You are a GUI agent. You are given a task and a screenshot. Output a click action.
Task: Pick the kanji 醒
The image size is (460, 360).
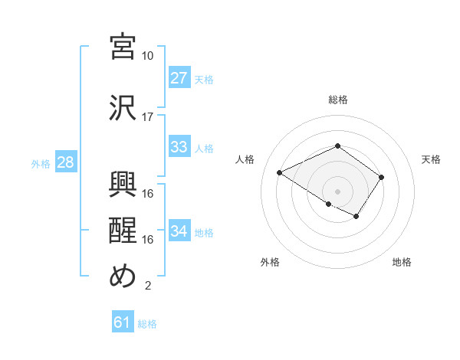click(123, 230)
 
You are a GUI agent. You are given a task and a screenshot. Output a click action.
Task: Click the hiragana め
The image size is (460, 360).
click(123, 276)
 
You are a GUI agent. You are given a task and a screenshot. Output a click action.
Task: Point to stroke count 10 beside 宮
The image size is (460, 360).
click(148, 56)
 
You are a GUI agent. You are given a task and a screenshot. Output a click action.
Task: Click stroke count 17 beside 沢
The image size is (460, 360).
click(148, 117)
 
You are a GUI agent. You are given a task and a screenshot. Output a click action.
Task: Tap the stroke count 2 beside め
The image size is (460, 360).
click(147, 286)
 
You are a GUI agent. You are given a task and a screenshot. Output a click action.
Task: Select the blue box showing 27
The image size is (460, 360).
click(179, 78)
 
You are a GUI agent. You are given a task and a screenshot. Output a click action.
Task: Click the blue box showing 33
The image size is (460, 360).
click(179, 147)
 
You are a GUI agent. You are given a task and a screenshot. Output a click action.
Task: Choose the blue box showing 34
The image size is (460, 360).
click(179, 231)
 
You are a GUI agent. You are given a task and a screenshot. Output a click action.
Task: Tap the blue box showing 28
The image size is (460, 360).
click(65, 163)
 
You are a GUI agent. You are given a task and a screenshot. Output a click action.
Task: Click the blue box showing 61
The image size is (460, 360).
click(122, 323)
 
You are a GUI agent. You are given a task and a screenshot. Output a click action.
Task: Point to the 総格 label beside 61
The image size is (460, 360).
click(147, 324)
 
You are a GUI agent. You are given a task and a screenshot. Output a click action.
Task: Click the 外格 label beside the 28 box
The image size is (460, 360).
click(40, 164)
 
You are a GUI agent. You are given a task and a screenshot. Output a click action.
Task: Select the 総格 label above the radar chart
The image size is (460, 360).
click(337, 100)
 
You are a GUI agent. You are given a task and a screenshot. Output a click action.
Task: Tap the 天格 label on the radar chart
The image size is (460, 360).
click(432, 159)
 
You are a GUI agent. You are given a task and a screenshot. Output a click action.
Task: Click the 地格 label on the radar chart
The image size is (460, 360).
click(402, 262)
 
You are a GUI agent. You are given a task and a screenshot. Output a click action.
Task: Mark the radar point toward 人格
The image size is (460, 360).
click(280, 172)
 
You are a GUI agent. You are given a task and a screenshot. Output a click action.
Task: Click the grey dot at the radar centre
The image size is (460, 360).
click(337, 190)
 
